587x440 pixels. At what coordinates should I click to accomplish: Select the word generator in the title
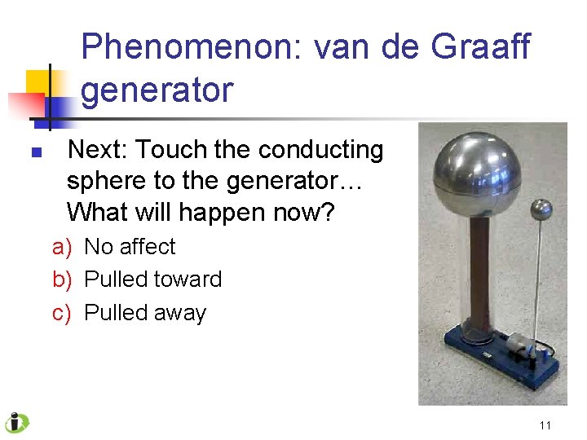(x=157, y=90)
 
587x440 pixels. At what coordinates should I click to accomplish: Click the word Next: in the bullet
(x=97, y=150)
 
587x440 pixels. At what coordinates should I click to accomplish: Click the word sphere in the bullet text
(x=104, y=181)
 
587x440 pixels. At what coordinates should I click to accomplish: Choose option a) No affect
(x=114, y=246)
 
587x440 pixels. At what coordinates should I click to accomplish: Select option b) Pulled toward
(x=137, y=279)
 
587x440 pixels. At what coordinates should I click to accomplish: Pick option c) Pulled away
(x=130, y=313)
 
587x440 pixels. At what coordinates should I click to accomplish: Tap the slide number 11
(x=545, y=425)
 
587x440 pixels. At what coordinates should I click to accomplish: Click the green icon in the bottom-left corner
(x=15, y=423)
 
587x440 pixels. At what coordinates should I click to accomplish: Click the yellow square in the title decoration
(x=38, y=82)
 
